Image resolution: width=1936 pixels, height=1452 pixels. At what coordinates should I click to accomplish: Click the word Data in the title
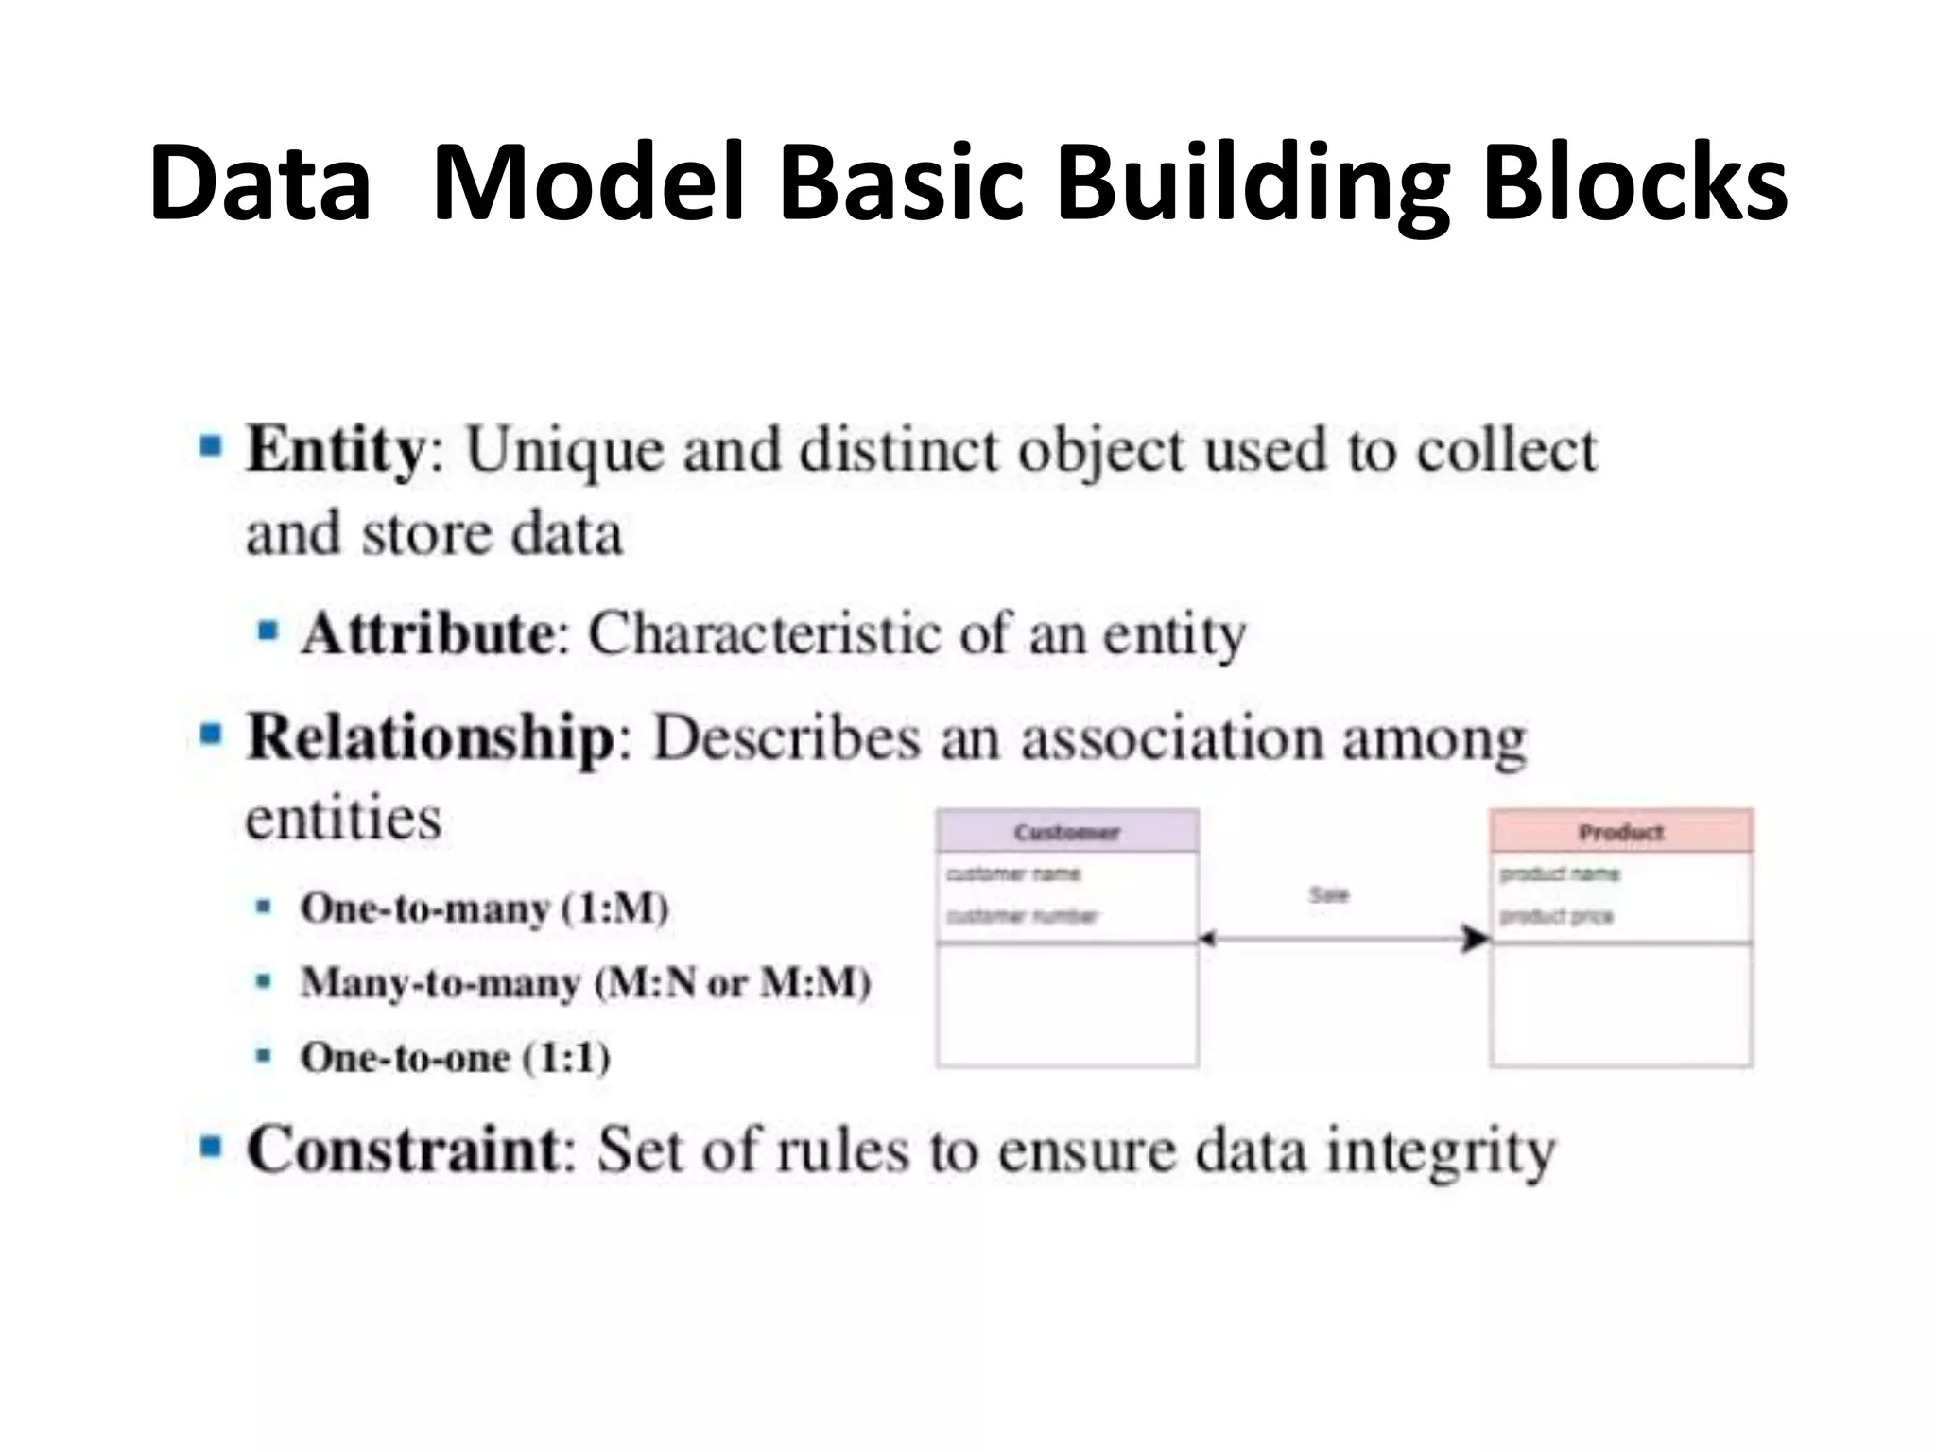click(x=260, y=182)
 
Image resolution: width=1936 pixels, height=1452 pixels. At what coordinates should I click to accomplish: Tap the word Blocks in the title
click(x=1634, y=182)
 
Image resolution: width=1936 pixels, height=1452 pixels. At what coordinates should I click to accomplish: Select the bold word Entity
click(x=336, y=450)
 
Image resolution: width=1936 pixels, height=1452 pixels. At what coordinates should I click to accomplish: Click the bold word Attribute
click(x=428, y=633)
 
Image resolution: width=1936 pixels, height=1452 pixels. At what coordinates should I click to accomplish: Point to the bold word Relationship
click(x=431, y=737)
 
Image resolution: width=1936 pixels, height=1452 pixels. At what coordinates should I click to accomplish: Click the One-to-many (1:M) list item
click(x=485, y=908)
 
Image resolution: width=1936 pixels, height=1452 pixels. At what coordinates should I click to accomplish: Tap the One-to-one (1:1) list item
click(x=456, y=1057)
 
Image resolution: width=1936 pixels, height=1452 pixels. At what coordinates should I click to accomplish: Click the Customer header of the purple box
click(x=1067, y=832)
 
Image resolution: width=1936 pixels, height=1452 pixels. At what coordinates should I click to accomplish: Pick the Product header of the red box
click(x=1621, y=832)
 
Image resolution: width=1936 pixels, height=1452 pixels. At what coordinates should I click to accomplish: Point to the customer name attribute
click(x=1013, y=873)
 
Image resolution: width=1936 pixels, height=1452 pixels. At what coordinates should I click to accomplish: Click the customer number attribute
click(x=1022, y=915)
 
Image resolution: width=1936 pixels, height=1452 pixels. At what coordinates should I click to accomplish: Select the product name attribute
click(x=1560, y=873)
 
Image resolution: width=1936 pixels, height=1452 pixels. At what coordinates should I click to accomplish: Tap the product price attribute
click(x=1556, y=915)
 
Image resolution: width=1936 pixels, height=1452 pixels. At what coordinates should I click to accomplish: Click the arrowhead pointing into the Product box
click(x=1475, y=939)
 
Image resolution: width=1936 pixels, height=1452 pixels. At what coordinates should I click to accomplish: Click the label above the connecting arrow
click(x=1329, y=894)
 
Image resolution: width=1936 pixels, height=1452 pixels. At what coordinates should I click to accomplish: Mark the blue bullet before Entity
click(x=211, y=445)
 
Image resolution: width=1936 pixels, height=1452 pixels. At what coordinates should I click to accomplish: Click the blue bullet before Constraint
click(x=211, y=1147)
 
